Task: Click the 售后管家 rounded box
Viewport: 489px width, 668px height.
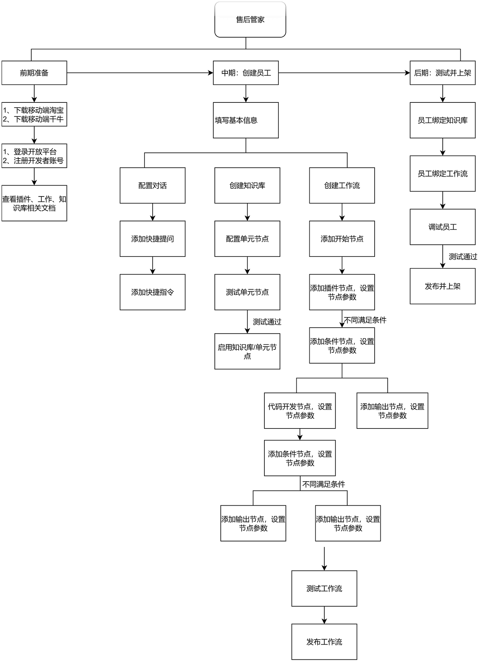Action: tap(250, 20)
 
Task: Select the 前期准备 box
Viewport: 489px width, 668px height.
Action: tap(34, 73)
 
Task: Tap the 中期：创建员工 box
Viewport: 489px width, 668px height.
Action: tap(246, 73)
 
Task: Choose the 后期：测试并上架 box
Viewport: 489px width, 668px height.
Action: tap(442, 73)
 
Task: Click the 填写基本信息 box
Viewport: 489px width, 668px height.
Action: tap(246, 120)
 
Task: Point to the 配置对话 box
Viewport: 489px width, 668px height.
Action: tap(152, 185)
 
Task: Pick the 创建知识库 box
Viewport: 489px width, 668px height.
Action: tap(247, 185)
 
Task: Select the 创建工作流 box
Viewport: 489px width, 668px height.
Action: tap(342, 185)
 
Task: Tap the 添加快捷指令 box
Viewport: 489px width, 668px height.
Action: tap(152, 292)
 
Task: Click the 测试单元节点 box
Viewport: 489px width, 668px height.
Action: tap(247, 292)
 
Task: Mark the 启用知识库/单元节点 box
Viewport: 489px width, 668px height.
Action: tap(247, 351)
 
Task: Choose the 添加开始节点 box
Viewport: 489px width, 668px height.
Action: tap(342, 239)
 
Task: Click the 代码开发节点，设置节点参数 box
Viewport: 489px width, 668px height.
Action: tap(300, 410)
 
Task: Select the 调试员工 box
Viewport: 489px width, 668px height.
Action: tap(442, 227)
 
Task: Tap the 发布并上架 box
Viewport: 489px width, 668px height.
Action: tap(442, 286)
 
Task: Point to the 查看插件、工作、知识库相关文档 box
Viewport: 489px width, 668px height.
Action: tap(34, 203)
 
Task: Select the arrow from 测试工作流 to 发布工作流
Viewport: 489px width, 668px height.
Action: tap(324, 615)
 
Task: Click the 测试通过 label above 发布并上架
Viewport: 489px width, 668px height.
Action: tap(463, 256)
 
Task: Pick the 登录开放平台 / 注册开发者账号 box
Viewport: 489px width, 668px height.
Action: tap(34, 156)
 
